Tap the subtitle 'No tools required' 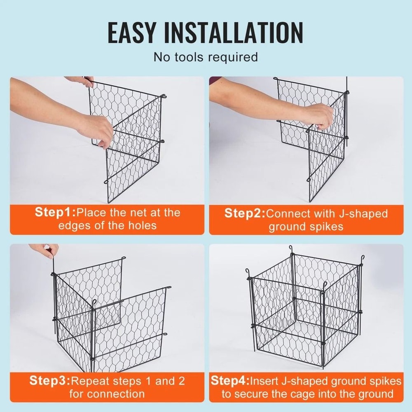(206, 57)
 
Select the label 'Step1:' (55, 213)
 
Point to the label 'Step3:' (49, 380)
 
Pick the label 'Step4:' (230, 380)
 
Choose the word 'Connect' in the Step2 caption (288, 213)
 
